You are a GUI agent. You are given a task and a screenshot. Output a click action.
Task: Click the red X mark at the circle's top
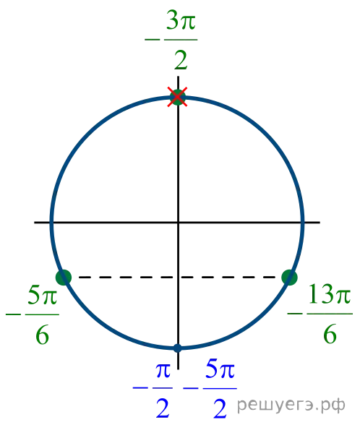(177, 97)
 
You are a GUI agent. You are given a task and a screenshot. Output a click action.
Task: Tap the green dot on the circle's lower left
(64, 278)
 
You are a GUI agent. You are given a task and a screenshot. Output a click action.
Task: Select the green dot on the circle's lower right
(289, 278)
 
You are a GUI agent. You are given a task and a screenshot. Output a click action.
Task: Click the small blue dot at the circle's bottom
(178, 348)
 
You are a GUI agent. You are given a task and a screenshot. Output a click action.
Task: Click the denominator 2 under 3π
(181, 60)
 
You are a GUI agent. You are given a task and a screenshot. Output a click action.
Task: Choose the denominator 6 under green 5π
(42, 335)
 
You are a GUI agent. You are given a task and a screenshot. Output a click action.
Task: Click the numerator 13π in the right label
(330, 293)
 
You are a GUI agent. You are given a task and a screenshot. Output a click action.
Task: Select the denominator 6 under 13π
(330, 334)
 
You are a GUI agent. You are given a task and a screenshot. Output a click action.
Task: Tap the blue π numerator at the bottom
(163, 371)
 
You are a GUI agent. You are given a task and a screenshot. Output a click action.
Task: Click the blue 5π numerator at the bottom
(220, 369)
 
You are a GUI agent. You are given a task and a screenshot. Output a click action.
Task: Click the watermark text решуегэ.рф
(291, 405)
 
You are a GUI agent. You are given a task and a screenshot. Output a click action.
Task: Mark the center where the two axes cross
(178, 223)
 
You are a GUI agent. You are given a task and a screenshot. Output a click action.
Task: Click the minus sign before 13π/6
(295, 314)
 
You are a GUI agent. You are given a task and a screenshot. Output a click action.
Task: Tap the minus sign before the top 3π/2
(153, 40)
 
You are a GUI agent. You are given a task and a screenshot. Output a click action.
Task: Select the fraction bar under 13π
(330, 314)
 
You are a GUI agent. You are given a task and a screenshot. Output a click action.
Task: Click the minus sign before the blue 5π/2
(191, 388)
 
